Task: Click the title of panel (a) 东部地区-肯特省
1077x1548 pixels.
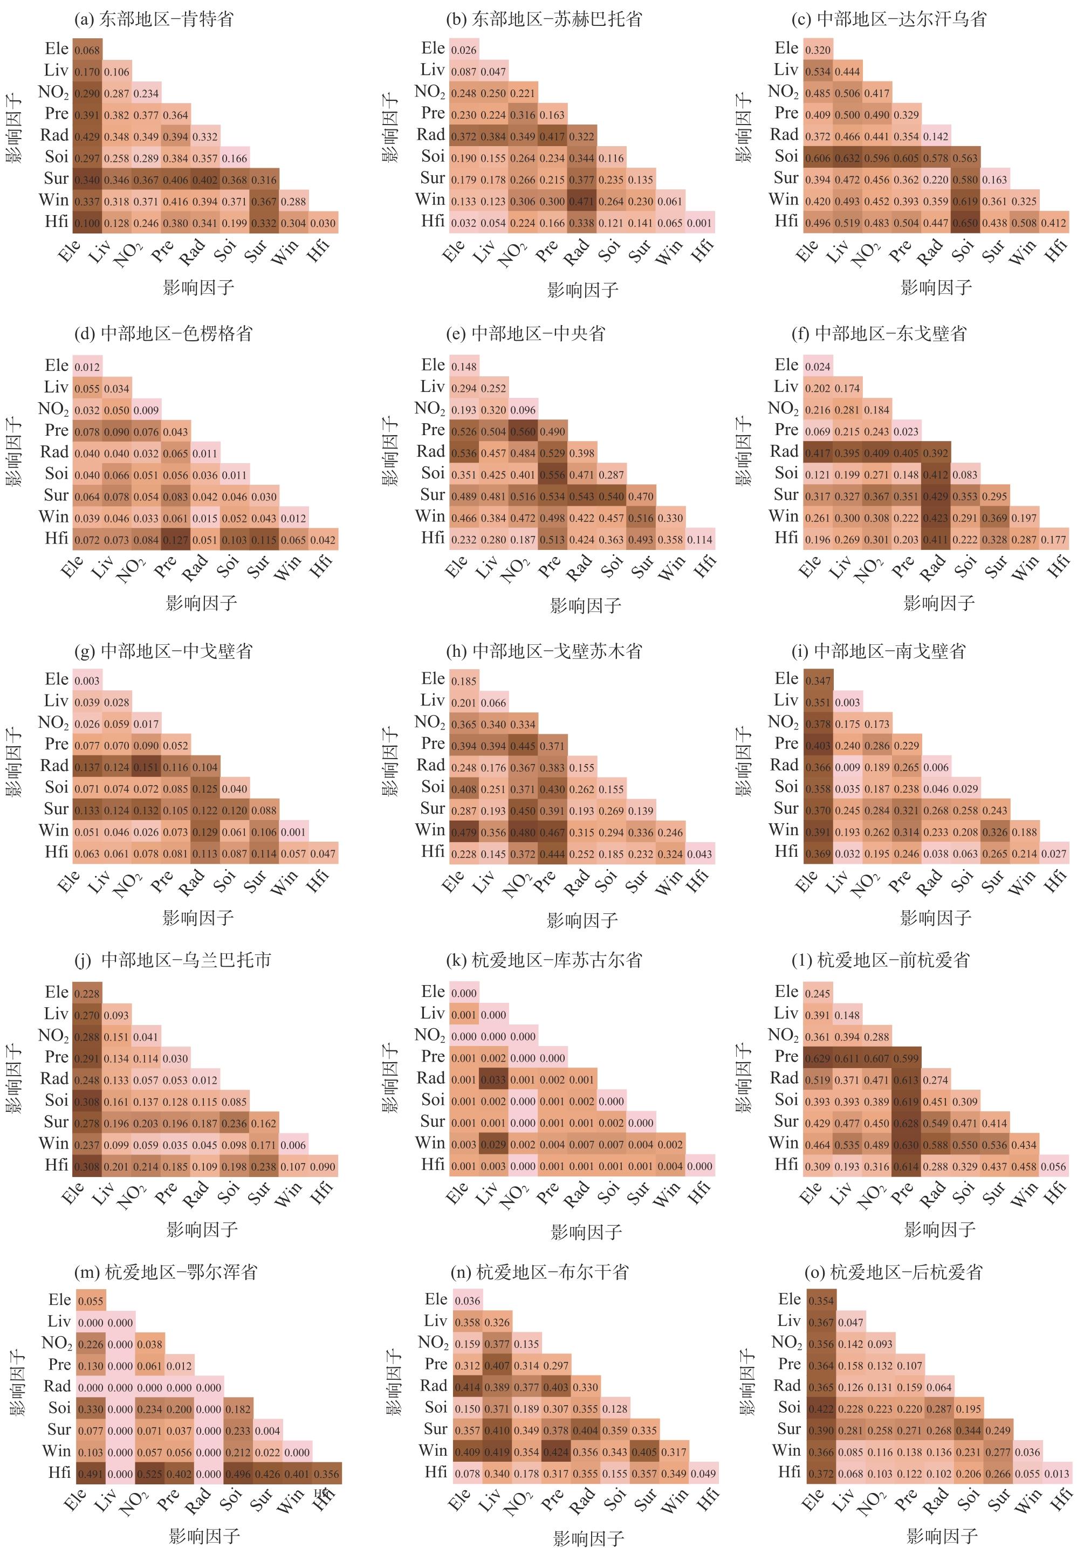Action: coord(154,19)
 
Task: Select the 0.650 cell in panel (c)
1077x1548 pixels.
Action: coord(965,223)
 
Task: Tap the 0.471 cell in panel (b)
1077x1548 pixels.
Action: coord(581,202)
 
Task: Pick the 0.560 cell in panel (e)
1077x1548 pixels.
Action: coord(523,431)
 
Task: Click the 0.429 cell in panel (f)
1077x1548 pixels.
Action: coord(934,496)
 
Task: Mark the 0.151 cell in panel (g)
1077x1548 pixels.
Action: coord(146,767)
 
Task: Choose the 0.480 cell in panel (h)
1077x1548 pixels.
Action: coord(523,833)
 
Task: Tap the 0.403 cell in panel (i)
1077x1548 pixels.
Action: coord(818,746)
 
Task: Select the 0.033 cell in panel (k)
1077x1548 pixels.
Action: coord(493,1079)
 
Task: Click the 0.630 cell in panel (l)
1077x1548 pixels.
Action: coord(905,1145)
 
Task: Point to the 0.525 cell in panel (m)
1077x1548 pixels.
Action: coord(149,1474)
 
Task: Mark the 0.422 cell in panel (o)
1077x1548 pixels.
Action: coord(821,1408)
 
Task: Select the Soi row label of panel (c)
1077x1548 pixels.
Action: coord(786,156)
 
